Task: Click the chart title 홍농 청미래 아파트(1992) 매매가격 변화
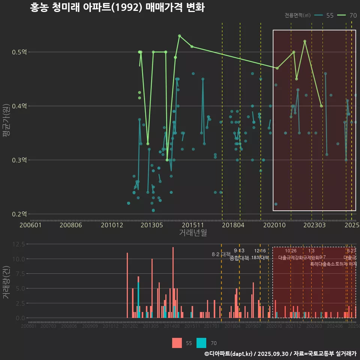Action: (117, 7)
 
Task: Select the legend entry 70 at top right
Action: (347, 15)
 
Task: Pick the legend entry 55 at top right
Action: (324, 15)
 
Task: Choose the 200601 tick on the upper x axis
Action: (30, 225)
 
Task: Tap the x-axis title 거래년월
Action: (193, 233)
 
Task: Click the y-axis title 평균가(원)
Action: (6, 126)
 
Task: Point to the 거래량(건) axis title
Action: (6, 282)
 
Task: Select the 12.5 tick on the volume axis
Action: (19, 244)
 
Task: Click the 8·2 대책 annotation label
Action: (221, 254)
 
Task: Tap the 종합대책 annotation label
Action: (239, 258)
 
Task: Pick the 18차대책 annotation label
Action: (260, 258)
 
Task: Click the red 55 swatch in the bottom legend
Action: (177, 343)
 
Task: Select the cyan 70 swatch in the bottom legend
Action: (201, 343)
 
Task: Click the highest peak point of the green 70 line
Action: (180, 36)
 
